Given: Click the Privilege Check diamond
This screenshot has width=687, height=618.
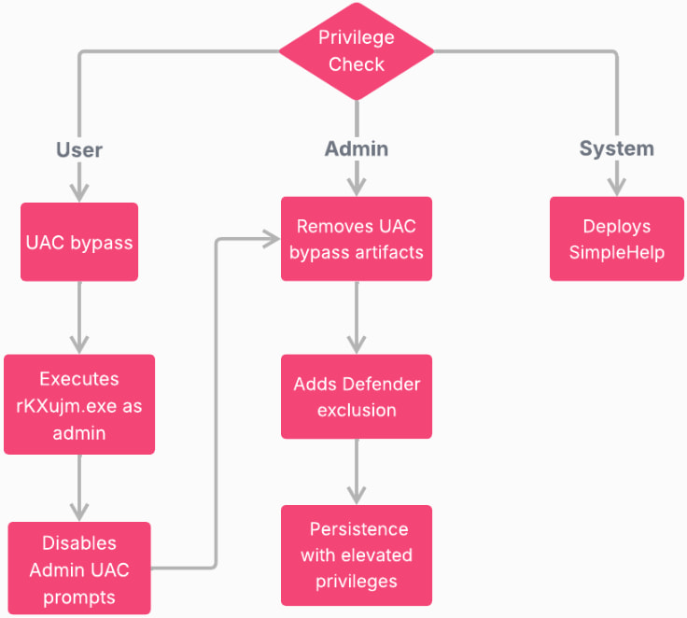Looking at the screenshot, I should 357,51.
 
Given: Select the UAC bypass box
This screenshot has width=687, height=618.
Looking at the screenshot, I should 79,243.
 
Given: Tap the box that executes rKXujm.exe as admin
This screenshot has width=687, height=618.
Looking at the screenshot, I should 79,404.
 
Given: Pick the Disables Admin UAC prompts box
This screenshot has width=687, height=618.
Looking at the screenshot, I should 79,568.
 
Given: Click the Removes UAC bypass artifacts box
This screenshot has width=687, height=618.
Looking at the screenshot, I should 357,239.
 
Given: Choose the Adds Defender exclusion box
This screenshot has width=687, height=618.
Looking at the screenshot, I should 357,397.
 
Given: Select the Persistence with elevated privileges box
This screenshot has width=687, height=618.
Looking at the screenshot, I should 357,555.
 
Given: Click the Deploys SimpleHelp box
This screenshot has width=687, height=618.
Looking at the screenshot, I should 616,239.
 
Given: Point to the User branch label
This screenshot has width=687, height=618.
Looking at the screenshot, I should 79,149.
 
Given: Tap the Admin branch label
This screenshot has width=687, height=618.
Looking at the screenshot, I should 357,149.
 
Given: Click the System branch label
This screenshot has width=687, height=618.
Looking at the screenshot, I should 616,149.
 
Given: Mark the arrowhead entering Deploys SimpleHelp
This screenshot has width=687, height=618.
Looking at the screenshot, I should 616,187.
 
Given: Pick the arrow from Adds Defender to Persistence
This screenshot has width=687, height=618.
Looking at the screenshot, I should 357,471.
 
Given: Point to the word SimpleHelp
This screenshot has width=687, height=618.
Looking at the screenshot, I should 616,252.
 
